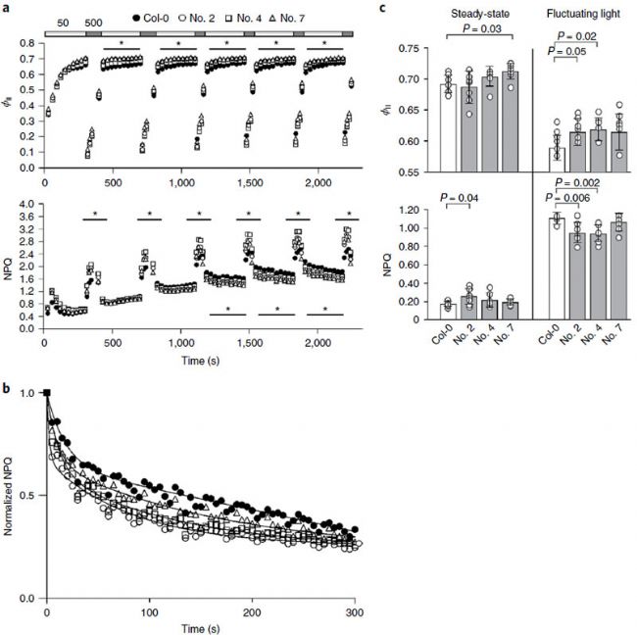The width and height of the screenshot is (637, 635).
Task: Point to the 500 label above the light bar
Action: (x=94, y=20)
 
